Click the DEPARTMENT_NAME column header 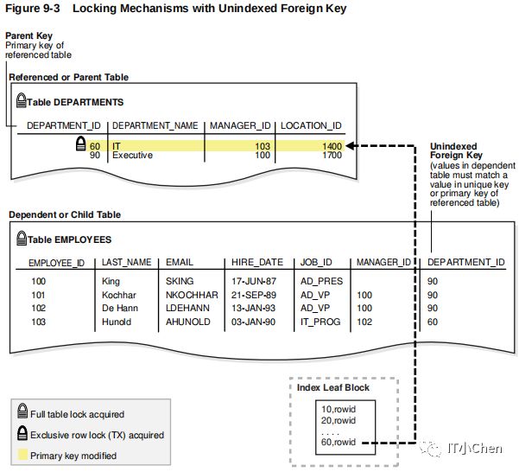click(x=155, y=125)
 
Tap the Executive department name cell click(x=132, y=156)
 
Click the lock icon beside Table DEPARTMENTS click(x=21, y=101)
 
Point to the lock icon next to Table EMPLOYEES click(x=22, y=239)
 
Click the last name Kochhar click(x=119, y=295)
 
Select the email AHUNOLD click(x=185, y=322)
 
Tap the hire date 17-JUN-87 click(x=253, y=281)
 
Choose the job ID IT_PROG click(x=320, y=322)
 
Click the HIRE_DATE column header click(x=256, y=262)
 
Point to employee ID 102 click(x=38, y=308)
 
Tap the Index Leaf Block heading click(x=332, y=387)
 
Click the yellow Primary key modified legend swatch click(x=22, y=455)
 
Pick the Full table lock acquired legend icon click(x=22, y=414)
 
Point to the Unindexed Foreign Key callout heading click(x=453, y=151)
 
